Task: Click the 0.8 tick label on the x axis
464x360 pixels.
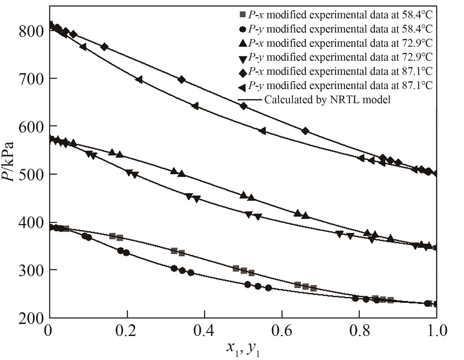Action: point(359,331)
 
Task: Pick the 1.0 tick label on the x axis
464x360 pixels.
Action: point(436,331)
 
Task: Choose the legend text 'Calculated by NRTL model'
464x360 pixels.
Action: point(327,100)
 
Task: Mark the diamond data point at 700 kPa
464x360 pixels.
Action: point(182,80)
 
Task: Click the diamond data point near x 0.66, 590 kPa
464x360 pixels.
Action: point(306,131)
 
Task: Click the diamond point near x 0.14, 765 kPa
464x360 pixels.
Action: point(104,47)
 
